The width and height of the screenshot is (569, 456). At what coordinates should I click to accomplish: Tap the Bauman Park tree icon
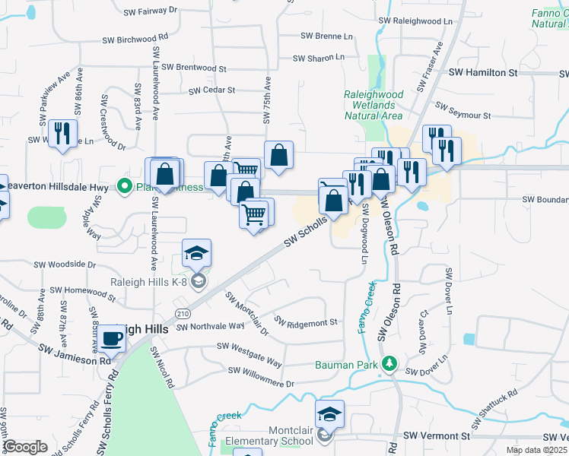(389, 364)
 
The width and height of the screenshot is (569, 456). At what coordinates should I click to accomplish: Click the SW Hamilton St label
(482, 72)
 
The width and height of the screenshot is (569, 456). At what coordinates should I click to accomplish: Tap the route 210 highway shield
(182, 313)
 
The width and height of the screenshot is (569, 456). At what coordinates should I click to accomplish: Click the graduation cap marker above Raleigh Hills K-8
(196, 254)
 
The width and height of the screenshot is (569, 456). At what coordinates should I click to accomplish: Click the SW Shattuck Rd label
(498, 402)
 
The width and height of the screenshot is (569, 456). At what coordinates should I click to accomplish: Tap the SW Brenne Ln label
(326, 36)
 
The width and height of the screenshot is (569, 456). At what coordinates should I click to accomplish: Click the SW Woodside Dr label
(64, 265)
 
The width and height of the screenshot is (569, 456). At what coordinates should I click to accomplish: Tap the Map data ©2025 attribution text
(536, 450)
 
